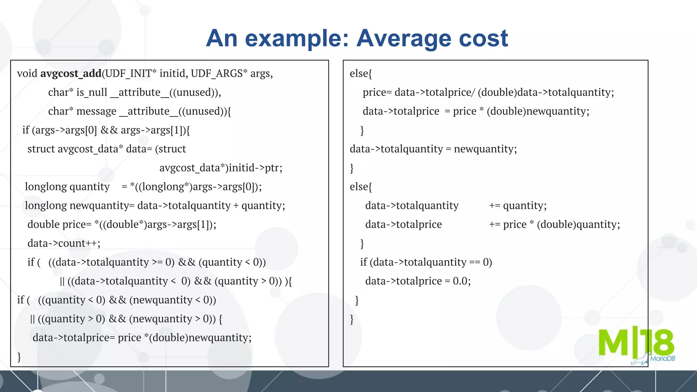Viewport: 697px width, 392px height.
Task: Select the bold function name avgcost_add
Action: tap(71, 73)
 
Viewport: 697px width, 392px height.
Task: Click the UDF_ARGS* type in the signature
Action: tap(219, 73)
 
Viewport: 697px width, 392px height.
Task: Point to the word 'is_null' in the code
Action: tap(92, 92)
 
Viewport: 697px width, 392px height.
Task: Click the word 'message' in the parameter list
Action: tap(96, 111)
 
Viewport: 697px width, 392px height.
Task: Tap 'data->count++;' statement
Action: tap(64, 243)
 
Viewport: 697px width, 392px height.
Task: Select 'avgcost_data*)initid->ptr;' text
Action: tap(221, 168)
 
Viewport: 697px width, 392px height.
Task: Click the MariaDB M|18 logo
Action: tap(636, 344)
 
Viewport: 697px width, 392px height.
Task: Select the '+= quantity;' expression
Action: tap(518, 206)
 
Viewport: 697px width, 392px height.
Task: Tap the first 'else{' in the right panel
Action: tap(361, 73)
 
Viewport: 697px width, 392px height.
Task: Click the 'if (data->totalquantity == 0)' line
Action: tap(426, 262)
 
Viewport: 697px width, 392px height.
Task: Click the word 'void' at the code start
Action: tap(27, 73)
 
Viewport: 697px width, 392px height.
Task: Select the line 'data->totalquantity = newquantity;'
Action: tap(433, 149)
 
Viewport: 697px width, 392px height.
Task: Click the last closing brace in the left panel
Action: tap(19, 357)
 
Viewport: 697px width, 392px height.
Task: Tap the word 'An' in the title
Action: tap(222, 38)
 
